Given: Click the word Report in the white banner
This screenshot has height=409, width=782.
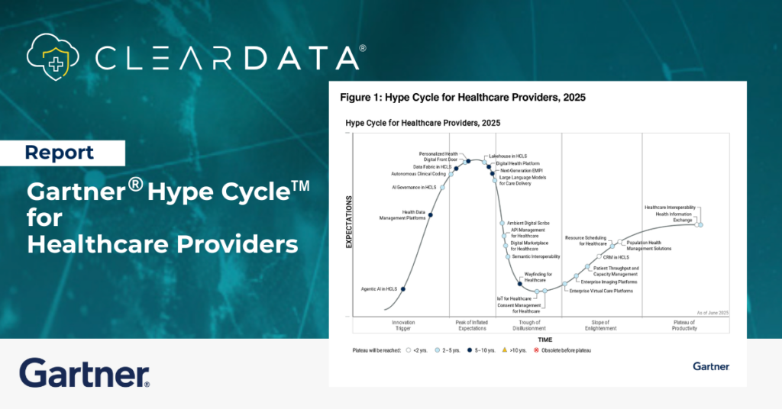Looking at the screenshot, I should click(x=60, y=153).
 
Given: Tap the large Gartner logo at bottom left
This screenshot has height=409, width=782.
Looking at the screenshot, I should click(x=84, y=373).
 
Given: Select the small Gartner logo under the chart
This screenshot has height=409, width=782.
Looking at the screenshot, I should click(x=710, y=366).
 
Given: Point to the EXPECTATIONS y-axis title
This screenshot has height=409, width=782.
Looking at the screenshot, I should click(x=349, y=222).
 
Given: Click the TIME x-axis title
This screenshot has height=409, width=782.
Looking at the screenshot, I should click(x=544, y=340).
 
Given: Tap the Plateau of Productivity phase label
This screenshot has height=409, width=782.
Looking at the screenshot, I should click(x=678, y=325).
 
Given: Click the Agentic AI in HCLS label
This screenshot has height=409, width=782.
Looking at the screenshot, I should click(x=379, y=289).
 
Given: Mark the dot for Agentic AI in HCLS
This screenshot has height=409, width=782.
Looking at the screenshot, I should click(x=402, y=288).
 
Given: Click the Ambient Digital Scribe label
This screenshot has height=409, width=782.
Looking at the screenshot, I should click(x=528, y=223).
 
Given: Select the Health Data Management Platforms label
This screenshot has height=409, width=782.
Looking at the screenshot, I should click(x=402, y=215).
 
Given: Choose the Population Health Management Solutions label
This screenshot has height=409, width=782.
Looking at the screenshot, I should click(x=648, y=246).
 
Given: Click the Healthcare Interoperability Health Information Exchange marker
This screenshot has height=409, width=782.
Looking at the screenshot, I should click(x=699, y=224).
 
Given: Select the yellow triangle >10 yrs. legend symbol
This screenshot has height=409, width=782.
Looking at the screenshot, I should click(x=505, y=350).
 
